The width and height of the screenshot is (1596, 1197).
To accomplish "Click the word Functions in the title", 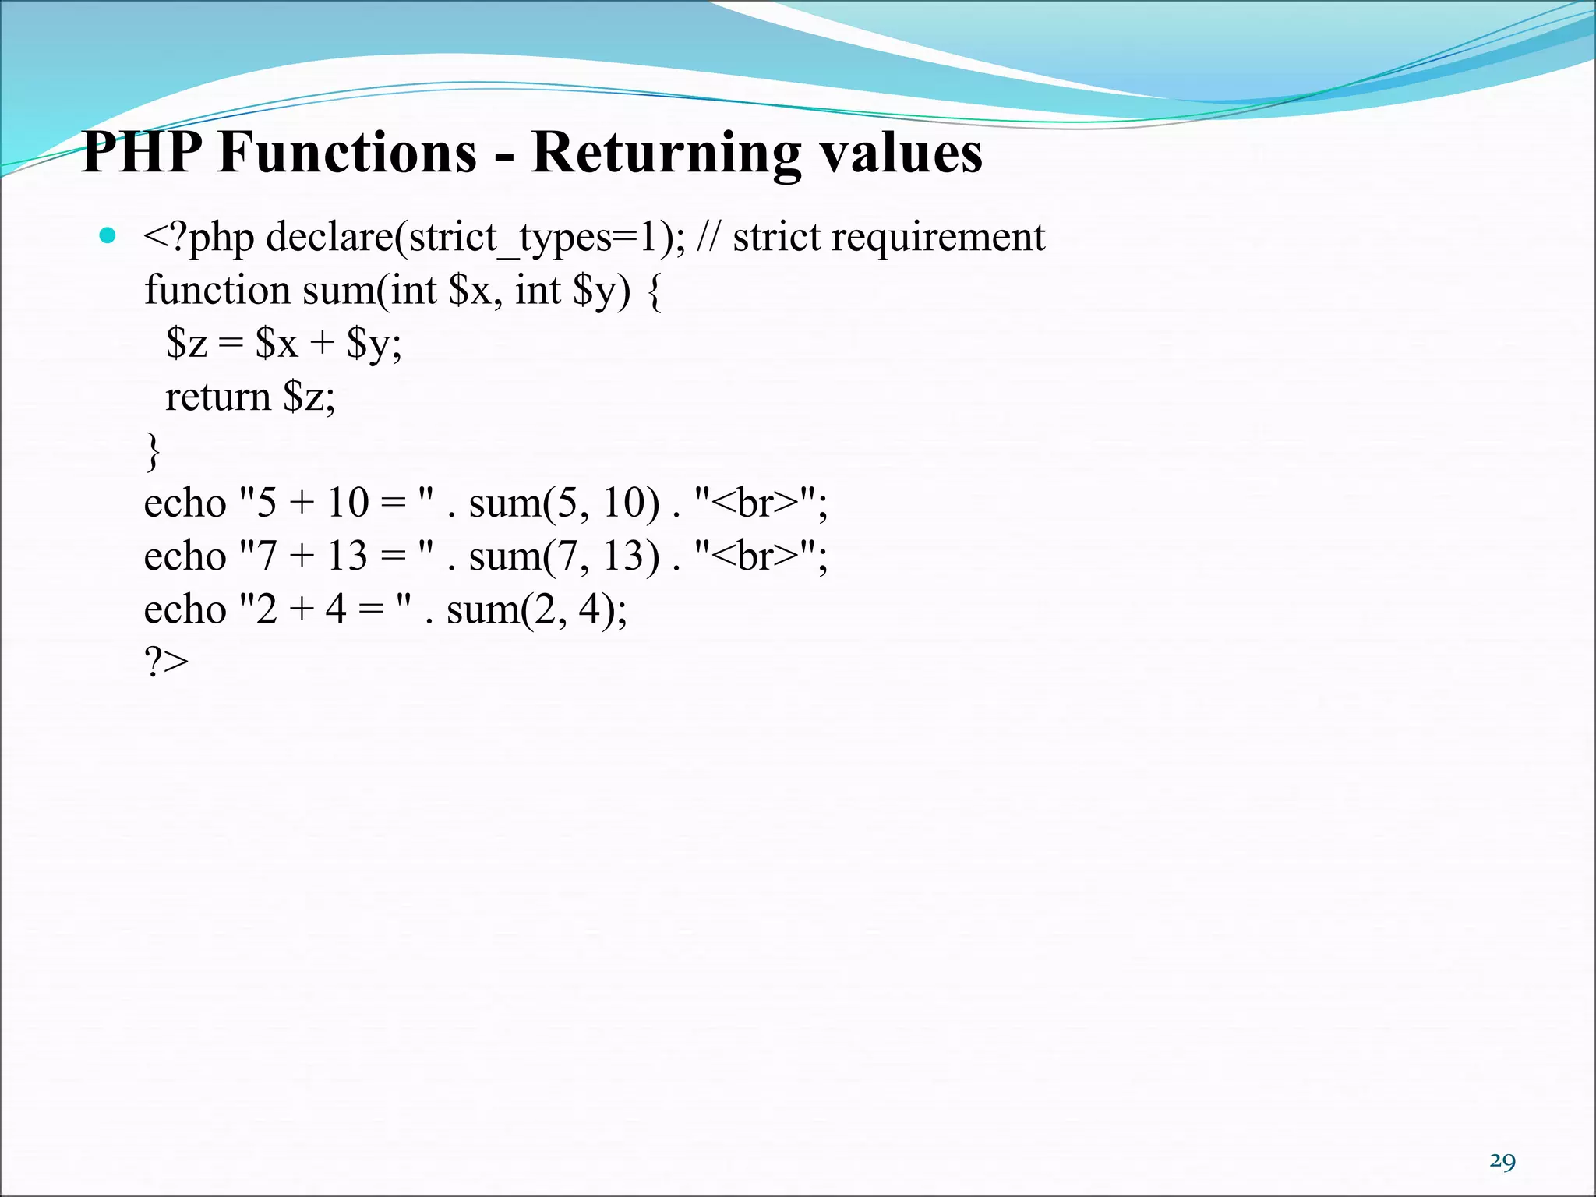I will [x=348, y=152].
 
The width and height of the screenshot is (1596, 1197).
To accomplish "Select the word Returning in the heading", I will [x=666, y=154].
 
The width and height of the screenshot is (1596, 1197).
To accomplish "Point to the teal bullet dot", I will [x=108, y=235].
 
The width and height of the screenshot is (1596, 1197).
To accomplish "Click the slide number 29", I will [x=1502, y=1161].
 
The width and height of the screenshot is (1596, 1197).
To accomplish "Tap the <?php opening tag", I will [x=199, y=238].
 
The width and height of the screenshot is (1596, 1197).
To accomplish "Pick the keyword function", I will [x=217, y=290].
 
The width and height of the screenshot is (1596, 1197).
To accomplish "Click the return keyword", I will [x=217, y=397].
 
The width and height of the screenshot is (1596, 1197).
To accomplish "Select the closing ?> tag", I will [x=166, y=662].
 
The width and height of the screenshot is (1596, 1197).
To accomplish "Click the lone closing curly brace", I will [x=153, y=451].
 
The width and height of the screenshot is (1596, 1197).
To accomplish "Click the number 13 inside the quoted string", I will [x=346, y=556].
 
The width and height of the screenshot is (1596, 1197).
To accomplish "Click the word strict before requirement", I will [x=776, y=237].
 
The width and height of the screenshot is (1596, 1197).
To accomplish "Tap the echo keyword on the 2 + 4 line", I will [x=185, y=609].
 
